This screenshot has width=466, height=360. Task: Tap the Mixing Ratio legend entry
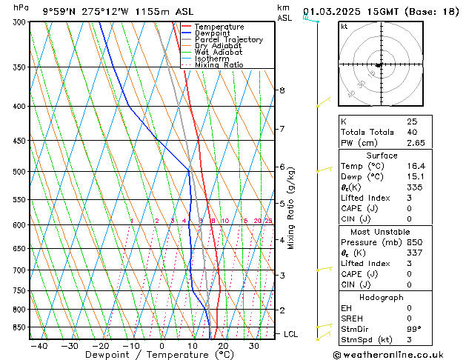tap(219, 65)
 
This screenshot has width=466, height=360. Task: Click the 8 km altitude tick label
tap(282, 90)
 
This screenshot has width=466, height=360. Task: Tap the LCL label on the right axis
tap(291, 334)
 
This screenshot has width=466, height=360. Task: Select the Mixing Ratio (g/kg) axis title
tap(291, 208)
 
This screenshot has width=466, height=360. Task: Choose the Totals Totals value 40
tap(412, 132)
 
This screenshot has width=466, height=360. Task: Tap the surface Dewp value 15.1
tap(415, 177)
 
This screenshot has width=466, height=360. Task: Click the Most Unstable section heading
tap(382, 232)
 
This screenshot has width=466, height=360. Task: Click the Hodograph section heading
tap(382, 297)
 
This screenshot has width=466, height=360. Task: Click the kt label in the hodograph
tap(344, 27)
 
